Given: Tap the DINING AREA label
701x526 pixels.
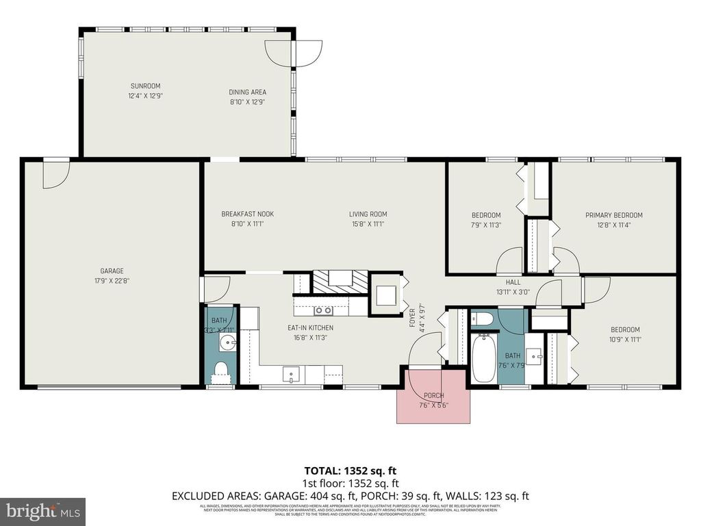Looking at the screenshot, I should (x=247, y=92).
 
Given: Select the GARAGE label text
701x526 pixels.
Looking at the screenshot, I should (x=112, y=271).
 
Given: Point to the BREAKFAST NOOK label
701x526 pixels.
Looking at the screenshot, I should (x=247, y=214).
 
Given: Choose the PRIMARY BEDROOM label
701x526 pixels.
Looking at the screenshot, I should (x=613, y=215).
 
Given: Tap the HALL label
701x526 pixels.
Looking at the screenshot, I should (x=513, y=281).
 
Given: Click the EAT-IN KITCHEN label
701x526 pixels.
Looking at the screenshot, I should (x=310, y=327).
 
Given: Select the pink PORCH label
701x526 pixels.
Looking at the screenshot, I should (x=433, y=396).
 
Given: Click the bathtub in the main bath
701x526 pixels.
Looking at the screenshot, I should (x=484, y=358).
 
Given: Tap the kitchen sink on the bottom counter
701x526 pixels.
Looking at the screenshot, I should (x=292, y=375).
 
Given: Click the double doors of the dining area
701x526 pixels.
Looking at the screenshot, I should (x=294, y=52).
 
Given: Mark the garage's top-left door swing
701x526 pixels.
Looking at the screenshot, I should (x=55, y=174).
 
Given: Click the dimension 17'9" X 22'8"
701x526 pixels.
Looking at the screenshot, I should (x=112, y=280).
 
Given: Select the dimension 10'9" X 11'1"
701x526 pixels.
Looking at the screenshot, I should (x=625, y=339).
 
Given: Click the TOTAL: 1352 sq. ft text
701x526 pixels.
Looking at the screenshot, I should (x=350, y=471).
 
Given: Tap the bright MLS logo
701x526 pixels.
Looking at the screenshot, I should (x=42, y=511).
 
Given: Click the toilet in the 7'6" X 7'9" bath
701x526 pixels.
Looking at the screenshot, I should (x=483, y=318).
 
